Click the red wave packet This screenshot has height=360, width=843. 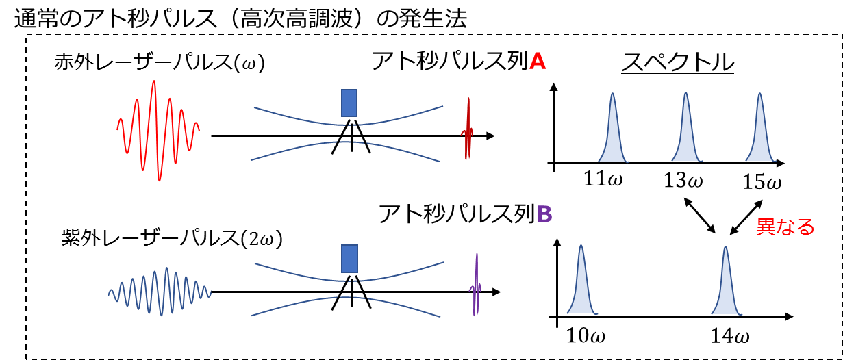point(158,130)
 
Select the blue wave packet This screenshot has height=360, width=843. point(160,292)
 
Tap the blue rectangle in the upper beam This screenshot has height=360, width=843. point(349,103)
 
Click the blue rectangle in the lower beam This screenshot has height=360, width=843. point(349,259)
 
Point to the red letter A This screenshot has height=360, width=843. point(538,62)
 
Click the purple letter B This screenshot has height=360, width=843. point(544,215)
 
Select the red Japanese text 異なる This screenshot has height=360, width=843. point(785,227)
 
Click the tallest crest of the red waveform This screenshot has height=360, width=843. point(154,81)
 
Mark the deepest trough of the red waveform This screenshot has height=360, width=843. point(160,180)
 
